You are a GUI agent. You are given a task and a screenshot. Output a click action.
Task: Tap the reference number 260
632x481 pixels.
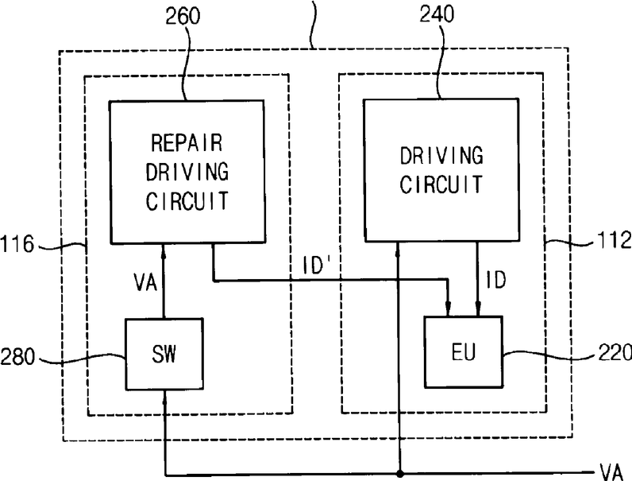click(183, 16)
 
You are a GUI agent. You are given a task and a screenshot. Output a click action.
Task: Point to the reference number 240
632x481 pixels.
click(437, 14)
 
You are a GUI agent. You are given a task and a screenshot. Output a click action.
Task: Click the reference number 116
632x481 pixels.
click(17, 244)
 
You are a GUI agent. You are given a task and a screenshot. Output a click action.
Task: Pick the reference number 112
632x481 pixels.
click(615, 239)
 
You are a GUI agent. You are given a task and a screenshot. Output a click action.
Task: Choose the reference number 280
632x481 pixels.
click(17, 357)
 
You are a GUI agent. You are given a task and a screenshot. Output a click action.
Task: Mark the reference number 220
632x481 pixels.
click(615, 352)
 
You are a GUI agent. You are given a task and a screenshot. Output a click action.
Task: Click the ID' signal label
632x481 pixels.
click(317, 266)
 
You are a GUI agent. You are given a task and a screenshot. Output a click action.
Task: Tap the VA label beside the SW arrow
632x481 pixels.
click(145, 282)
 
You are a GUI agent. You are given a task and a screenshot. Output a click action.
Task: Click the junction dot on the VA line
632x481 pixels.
click(399, 473)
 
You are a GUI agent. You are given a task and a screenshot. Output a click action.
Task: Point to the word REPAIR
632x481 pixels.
click(187, 142)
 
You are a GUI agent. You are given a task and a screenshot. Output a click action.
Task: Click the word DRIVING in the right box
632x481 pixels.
click(441, 155)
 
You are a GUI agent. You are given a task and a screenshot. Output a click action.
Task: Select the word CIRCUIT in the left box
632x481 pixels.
click(187, 201)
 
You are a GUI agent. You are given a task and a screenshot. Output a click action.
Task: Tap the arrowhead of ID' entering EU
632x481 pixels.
click(448, 309)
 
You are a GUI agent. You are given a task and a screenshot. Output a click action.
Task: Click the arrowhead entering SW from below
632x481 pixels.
click(164, 398)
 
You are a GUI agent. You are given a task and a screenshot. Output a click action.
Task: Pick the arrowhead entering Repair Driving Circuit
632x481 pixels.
click(164, 251)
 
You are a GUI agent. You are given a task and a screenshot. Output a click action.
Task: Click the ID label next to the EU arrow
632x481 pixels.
click(495, 280)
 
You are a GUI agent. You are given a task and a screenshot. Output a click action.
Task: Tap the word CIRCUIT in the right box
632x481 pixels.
click(441, 184)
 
